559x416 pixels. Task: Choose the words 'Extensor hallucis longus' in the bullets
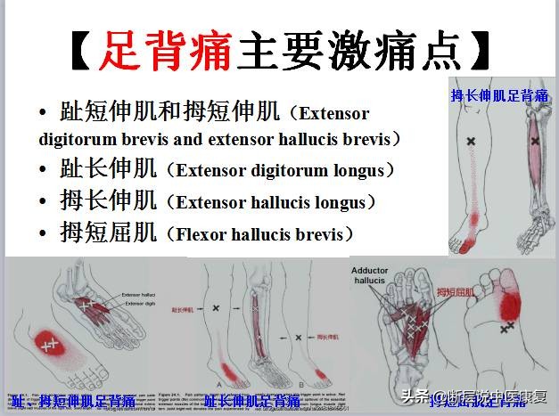pos(271,203)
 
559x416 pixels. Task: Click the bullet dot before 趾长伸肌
pos(44,170)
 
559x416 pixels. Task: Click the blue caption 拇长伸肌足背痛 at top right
pos(499,95)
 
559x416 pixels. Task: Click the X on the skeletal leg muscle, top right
pos(534,141)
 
